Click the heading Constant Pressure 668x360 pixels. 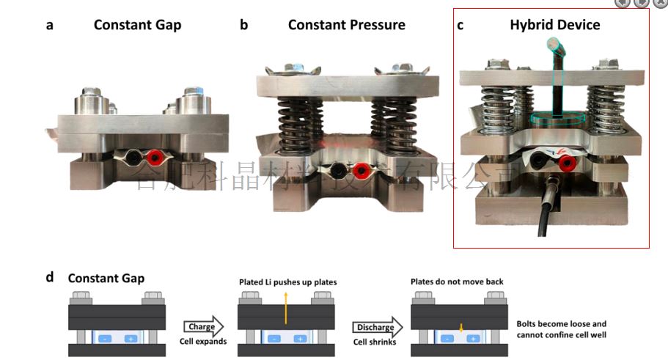(346, 25)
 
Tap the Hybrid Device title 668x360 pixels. (554, 25)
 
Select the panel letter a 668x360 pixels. (50, 25)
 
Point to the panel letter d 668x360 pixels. (50, 277)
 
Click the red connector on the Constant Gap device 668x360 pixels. (155, 157)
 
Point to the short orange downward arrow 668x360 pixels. (460, 328)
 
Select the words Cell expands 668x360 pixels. (202, 342)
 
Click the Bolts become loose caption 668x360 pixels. (562, 330)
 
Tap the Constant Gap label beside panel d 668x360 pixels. (106, 278)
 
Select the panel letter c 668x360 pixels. (460, 25)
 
